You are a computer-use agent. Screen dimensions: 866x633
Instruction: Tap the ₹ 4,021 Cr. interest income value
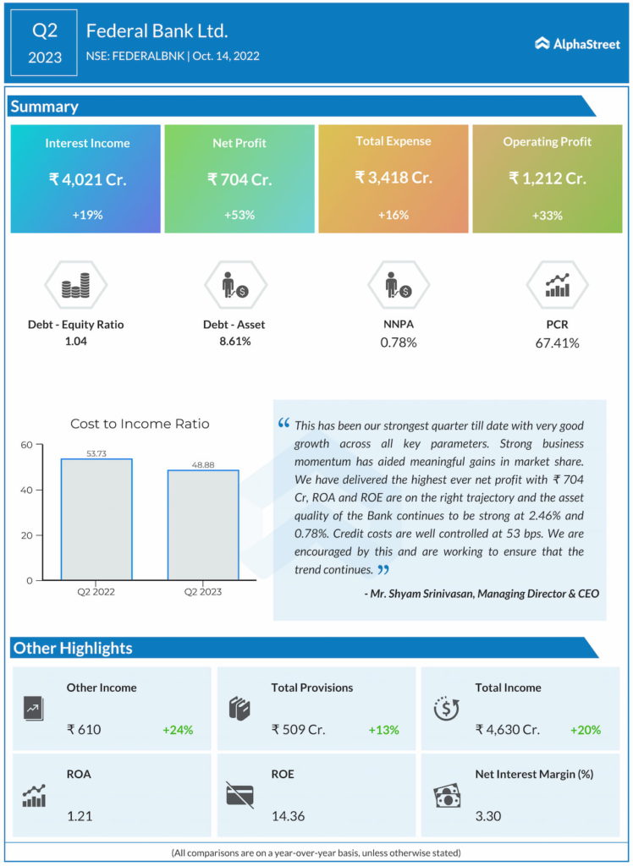(86, 179)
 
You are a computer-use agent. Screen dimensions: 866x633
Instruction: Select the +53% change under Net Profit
(239, 215)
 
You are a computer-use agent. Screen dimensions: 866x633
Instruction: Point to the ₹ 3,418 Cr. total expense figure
(393, 178)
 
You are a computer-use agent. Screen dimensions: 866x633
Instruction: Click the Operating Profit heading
(548, 142)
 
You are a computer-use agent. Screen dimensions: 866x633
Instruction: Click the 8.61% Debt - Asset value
(234, 342)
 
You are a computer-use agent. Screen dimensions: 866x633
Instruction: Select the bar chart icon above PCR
(557, 286)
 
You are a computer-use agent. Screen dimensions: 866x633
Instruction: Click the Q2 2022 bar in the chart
(96, 519)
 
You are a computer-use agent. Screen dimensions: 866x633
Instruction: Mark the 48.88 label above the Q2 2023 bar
(202, 465)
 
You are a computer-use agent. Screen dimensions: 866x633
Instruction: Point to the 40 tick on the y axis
(26, 491)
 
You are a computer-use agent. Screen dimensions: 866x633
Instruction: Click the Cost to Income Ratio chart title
(140, 424)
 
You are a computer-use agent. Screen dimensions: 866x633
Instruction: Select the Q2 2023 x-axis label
(202, 592)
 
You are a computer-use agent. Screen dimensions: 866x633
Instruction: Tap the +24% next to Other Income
(178, 729)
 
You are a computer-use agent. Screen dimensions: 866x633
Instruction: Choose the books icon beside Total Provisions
(240, 709)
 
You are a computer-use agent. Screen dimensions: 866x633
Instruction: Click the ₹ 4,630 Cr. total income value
(509, 729)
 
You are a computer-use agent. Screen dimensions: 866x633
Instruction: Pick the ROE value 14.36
(288, 817)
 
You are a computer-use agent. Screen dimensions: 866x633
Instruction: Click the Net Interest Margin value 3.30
(488, 817)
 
